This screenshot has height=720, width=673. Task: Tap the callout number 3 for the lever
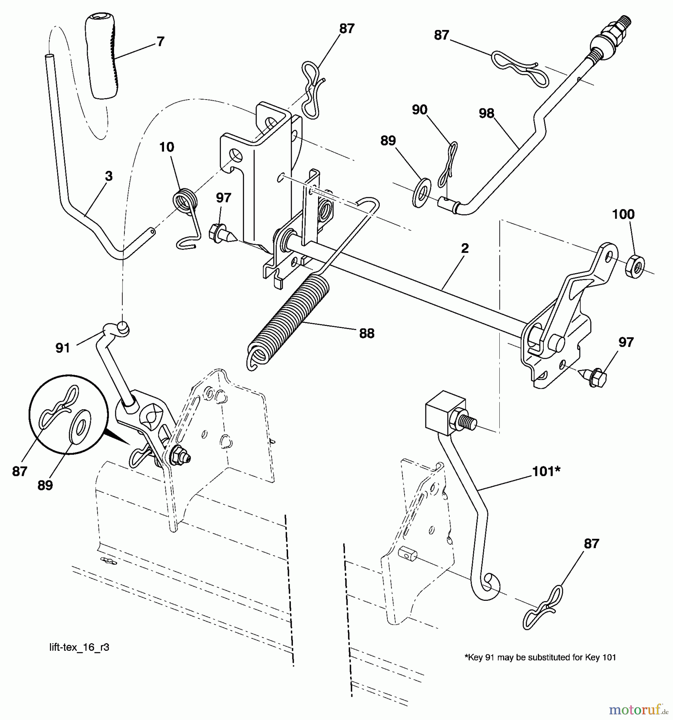click(108, 176)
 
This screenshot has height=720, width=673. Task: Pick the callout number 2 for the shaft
click(465, 248)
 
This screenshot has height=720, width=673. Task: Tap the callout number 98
click(487, 114)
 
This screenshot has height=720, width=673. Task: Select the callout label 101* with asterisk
click(546, 472)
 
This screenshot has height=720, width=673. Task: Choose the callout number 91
click(62, 348)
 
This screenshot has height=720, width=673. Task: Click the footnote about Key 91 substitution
click(540, 657)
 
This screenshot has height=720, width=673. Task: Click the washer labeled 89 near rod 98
click(421, 193)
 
